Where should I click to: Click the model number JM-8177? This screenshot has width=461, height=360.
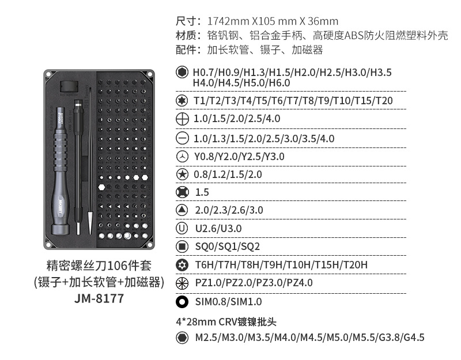point(99,298)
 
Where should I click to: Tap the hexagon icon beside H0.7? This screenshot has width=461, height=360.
point(182,72)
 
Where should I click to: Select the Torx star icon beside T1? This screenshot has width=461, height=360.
point(182,100)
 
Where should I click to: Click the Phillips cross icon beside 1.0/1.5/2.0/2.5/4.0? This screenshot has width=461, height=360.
point(182,119)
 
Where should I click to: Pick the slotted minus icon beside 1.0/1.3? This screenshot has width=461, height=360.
point(182,138)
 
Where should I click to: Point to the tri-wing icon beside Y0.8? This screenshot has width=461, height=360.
point(182,156)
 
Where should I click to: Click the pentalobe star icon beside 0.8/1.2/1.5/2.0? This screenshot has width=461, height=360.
point(182,175)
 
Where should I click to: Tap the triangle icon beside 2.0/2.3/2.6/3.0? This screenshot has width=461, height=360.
point(182,210)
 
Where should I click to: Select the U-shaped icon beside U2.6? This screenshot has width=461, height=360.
point(182,228)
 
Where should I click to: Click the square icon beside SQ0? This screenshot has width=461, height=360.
point(182,247)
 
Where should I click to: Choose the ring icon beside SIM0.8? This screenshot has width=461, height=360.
point(182,301)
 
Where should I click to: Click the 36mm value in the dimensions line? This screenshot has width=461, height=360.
point(323,21)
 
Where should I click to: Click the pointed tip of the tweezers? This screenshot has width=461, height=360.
point(90,233)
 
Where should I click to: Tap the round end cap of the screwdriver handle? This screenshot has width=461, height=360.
point(61,229)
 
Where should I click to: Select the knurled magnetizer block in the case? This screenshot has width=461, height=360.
point(69,87)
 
